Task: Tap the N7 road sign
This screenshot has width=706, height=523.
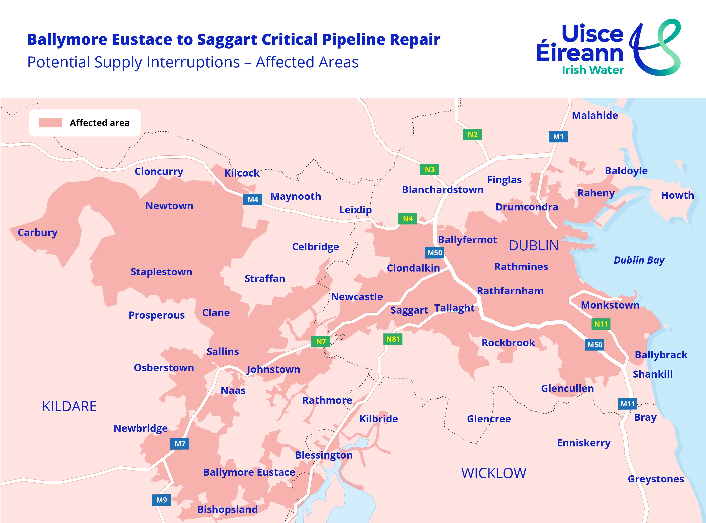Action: pyautogui.click(x=321, y=342)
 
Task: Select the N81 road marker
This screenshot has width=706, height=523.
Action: pyautogui.click(x=393, y=339)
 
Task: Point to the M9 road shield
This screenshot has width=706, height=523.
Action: pyautogui.click(x=161, y=500)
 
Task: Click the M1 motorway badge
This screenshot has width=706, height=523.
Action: pyautogui.click(x=558, y=136)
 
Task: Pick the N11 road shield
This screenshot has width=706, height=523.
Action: pyautogui.click(x=601, y=324)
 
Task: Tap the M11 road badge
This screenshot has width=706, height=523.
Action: pyautogui.click(x=628, y=404)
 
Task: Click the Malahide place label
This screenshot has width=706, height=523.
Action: pyautogui.click(x=595, y=115)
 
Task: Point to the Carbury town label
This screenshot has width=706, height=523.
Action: pyautogui.click(x=37, y=232)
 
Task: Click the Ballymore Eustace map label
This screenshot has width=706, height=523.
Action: pyautogui.click(x=249, y=472)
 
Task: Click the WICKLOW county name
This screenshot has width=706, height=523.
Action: pyautogui.click(x=493, y=473)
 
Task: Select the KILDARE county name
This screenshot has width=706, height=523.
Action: pyautogui.click(x=69, y=406)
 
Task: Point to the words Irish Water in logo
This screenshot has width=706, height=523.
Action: pyautogui.click(x=593, y=70)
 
